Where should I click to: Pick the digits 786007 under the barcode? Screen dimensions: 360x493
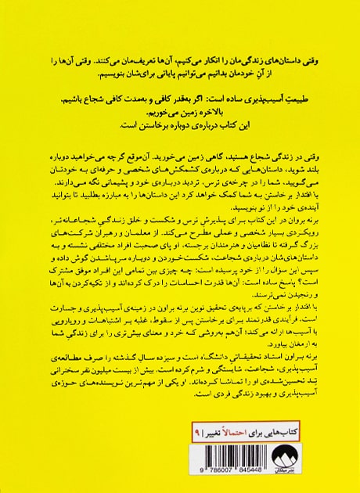[243, 471]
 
